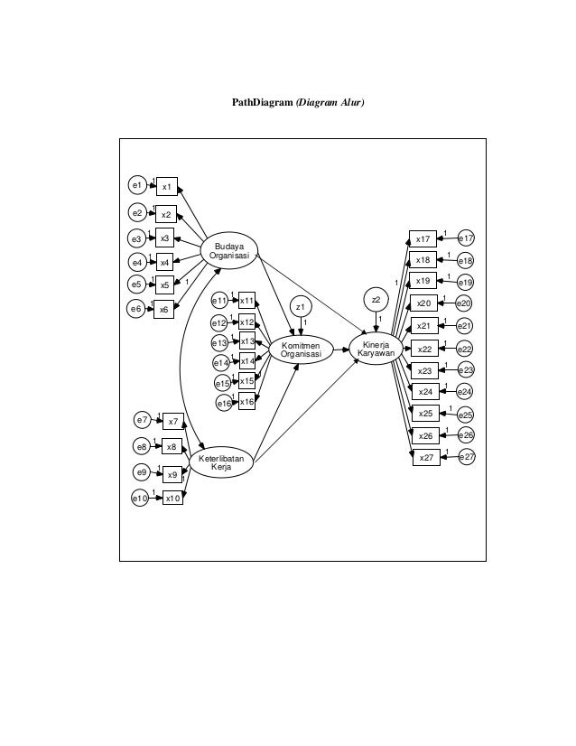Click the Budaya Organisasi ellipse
[229, 250]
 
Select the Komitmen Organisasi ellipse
[301, 350]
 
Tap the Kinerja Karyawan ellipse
[376, 350]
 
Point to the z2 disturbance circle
[376, 299]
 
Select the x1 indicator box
[167, 186]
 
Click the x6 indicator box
[163, 309]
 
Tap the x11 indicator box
[246, 300]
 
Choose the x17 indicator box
[423, 238]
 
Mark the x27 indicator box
[426, 458]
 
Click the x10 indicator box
[173, 497]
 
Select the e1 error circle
[136, 185]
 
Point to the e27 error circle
[467, 458]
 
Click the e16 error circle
[223, 404]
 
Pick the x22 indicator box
[425, 349]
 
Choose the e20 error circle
[465, 303]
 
